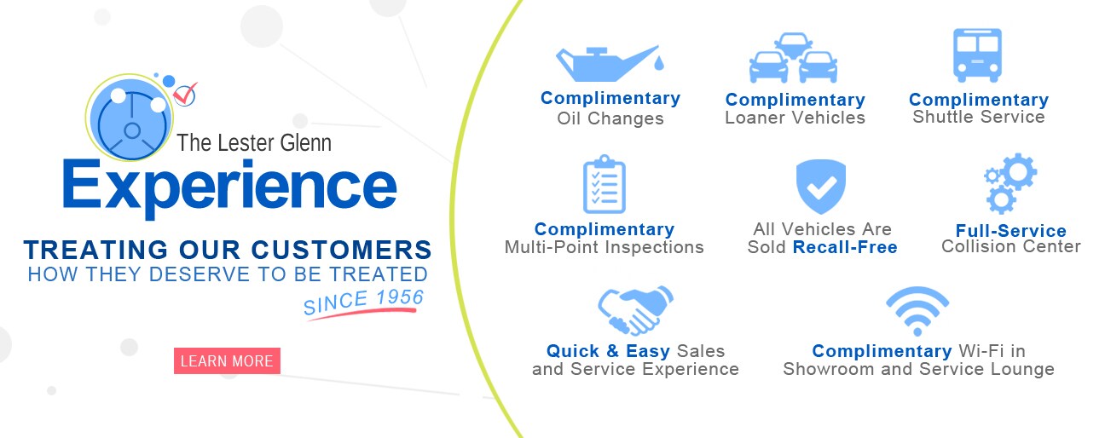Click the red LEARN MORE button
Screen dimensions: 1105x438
[227, 360]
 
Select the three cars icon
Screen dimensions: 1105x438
[793, 58]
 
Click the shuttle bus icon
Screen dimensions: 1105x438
[977, 55]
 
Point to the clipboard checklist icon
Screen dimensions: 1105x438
[605, 184]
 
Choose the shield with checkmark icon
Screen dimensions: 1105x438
[821, 187]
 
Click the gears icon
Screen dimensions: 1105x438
[1010, 183]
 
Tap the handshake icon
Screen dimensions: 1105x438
[635, 310]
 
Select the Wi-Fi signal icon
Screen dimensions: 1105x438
[917, 311]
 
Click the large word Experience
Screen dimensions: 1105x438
[230, 188]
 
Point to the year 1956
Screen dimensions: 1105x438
[400, 297]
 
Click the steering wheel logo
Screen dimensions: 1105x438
[130, 118]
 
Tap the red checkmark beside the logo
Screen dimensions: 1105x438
[186, 95]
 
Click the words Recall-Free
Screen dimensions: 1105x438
[845, 247]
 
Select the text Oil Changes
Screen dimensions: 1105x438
[610, 118]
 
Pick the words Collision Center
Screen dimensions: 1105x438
[1010, 246]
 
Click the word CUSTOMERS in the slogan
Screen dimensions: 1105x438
[341, 250]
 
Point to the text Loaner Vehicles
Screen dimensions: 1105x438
[795, 118]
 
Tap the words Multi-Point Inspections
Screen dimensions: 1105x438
[604, 247]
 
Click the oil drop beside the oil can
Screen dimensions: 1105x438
[659, 63]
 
